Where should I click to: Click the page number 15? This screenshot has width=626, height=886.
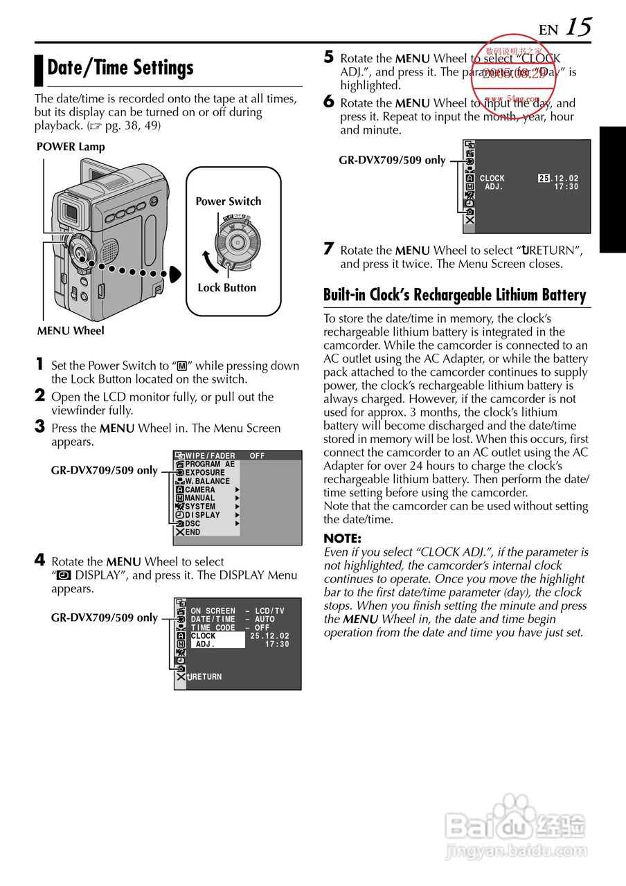click(x=578, y=27)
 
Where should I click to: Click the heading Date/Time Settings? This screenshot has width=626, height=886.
click(x=120, y=68)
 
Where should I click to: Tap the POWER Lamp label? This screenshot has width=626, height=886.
click(x=70, y=147)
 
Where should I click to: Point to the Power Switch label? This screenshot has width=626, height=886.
click(x=228, y=201)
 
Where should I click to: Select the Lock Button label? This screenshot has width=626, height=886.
click(x=226, y=288)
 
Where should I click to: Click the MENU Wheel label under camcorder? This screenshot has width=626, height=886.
click(x=71, y=331)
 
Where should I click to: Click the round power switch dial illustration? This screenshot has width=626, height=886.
click(x=237, y=242)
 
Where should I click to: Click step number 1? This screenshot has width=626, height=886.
click(x=40, y=364)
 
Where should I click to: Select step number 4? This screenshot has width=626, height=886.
click(x=40, y=560)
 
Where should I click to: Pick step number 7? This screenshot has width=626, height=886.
click(x=330, y=248)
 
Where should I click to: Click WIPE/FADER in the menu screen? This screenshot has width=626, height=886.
click(x=211, y=456)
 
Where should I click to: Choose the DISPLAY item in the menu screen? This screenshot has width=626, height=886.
click(x=202, y=515)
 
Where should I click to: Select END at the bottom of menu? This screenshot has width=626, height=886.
click(x=193, y=532)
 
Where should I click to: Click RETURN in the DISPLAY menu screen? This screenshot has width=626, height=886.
click(x=206, y=677)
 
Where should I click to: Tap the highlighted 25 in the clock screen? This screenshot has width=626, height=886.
click(x=544, y=179)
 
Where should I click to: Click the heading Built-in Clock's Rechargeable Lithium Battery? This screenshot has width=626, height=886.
click(x=455, y=295)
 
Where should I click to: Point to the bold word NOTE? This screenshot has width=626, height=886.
click(x=343, y=539)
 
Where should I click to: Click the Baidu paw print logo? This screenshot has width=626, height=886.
click(x=512, y=815)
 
